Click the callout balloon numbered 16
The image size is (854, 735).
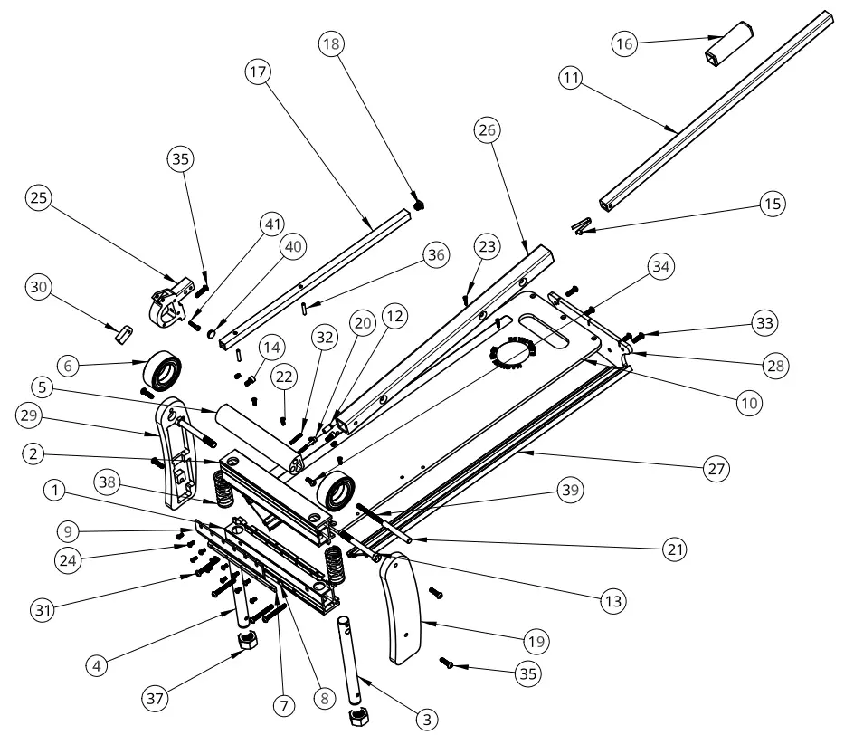624,44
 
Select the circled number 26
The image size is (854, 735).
488,130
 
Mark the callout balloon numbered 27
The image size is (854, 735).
716,468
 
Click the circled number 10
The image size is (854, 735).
746,403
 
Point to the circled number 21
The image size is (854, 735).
674,549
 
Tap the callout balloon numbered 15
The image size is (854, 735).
772,204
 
